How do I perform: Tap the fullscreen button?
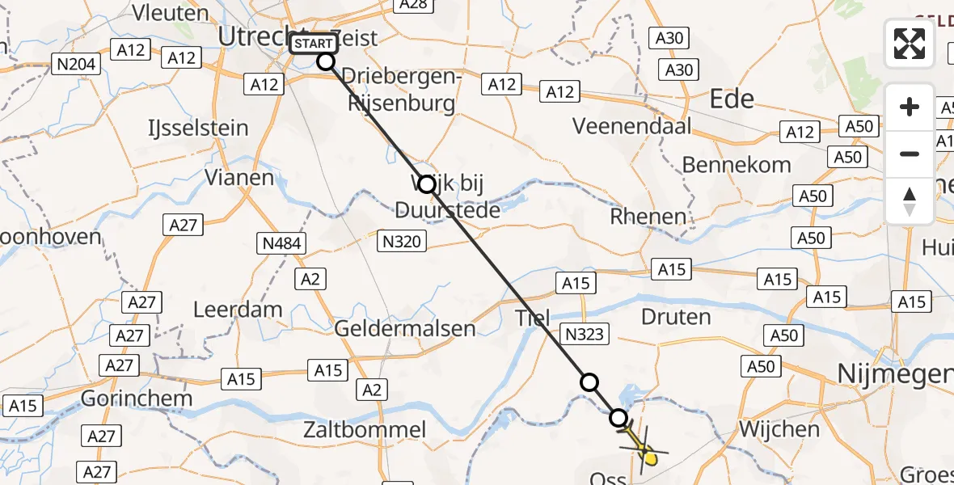coord(910,43)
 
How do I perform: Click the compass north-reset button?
coord(910,201)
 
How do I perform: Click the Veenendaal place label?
coord(632,126)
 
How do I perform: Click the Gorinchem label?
coord(137,399)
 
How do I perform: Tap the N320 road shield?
coord(403,240)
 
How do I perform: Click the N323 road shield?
coord(584,333)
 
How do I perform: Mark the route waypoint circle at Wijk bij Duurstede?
coord(427,185)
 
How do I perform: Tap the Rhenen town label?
coord(648,217)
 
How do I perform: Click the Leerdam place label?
coord(238,310)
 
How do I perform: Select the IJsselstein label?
coord(198,129)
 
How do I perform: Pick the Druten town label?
coord(675,316)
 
